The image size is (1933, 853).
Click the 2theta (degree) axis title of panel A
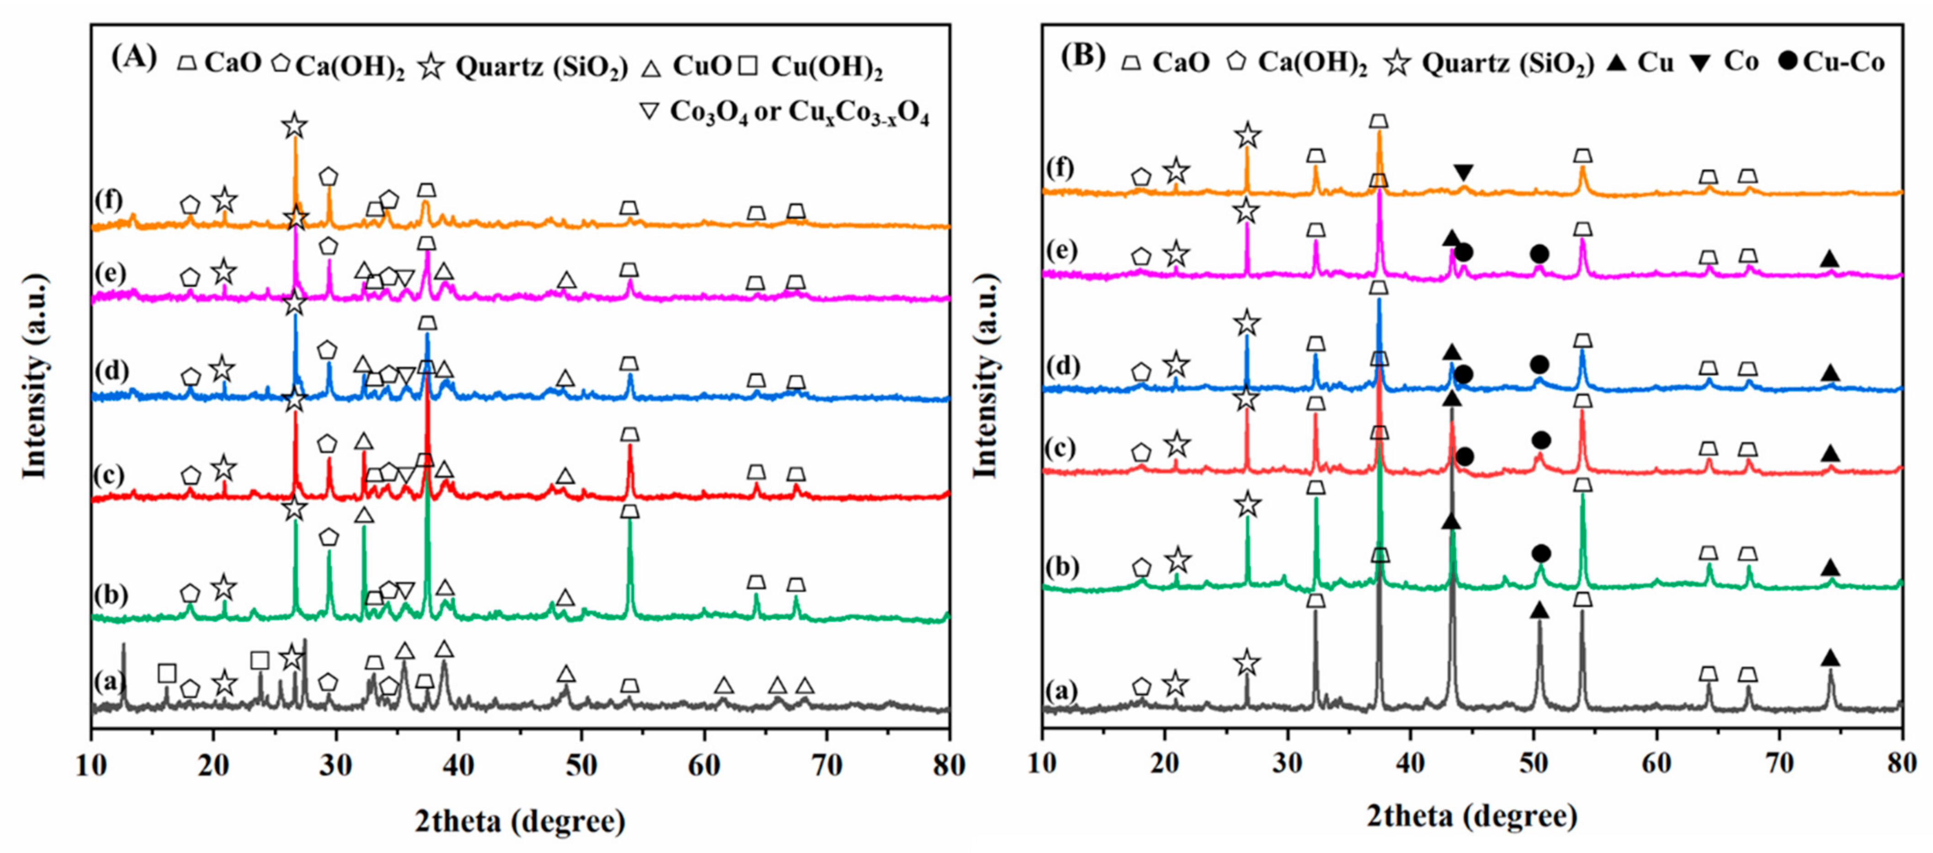tap(520, 821)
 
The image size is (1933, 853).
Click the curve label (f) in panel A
tap(109, 201)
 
